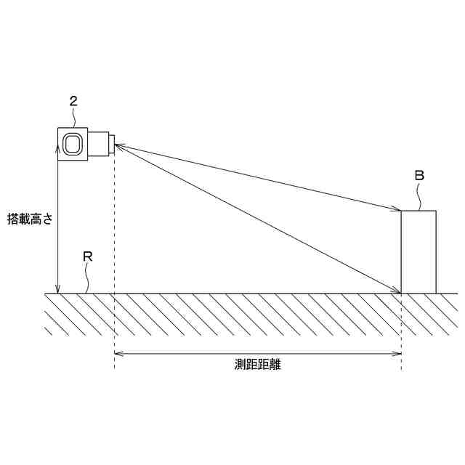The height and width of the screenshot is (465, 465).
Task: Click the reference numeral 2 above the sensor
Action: (73, 101)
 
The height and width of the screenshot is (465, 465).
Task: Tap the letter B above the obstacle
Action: (419, 175)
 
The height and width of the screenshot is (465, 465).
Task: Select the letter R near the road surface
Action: (87, 257)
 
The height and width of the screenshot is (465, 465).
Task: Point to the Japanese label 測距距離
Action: (257, 365)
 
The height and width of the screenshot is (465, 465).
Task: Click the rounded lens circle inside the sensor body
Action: (72, 143)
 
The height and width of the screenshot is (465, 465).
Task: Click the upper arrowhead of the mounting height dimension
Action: (57, 147)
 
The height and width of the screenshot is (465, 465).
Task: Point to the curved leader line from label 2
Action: (77, 118)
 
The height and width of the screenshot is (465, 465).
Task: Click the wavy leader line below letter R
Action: (88, 279)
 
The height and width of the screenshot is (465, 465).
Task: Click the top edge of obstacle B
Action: (419, 211)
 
